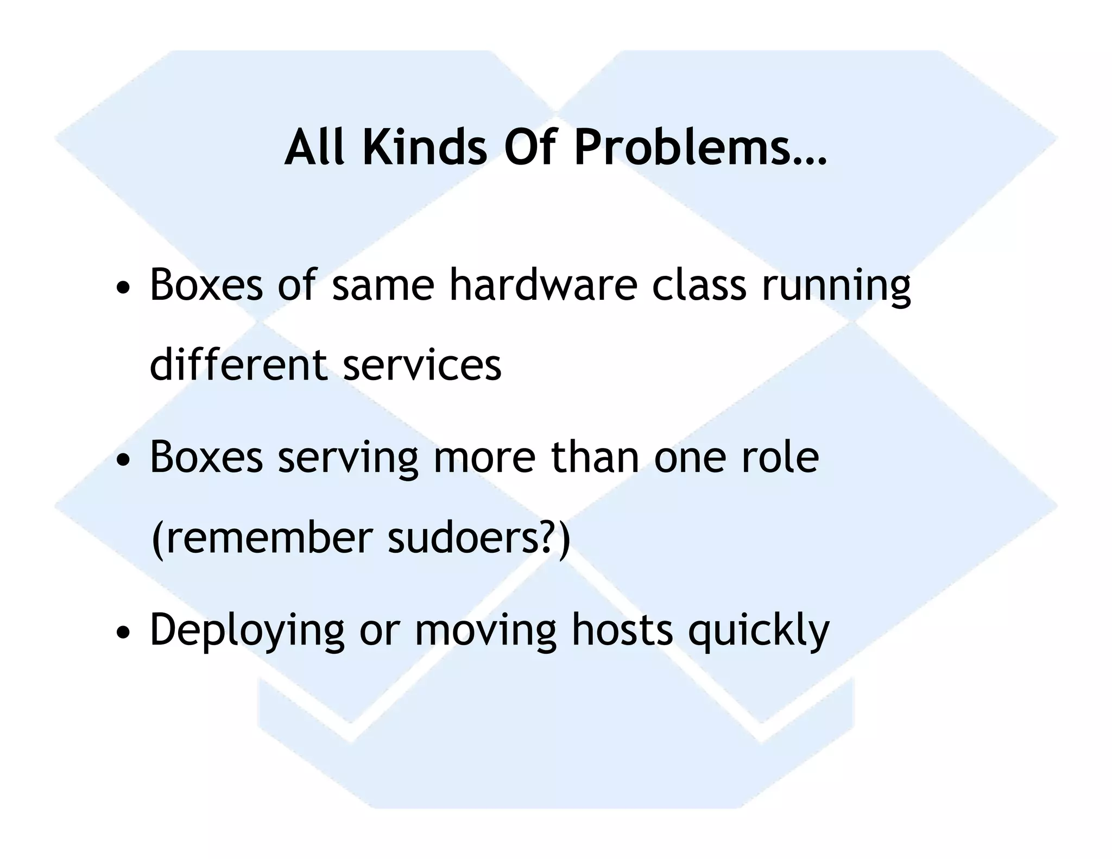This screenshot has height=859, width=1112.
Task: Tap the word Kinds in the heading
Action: [425, 148]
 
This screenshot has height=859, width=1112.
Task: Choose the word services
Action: [422, 365]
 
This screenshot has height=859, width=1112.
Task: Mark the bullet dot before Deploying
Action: [124, 632]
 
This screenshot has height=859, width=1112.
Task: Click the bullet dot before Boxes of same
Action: [124, 288]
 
